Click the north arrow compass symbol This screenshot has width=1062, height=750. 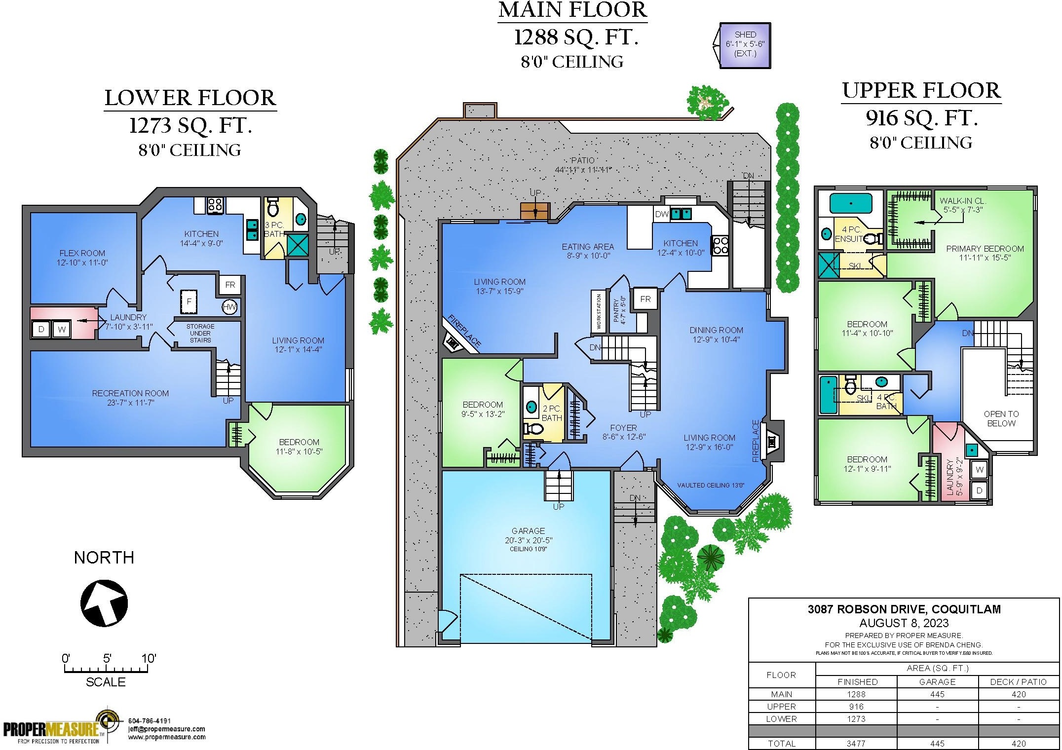104,603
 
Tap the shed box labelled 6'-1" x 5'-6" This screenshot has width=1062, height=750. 745,45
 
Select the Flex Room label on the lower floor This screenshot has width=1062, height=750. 82,253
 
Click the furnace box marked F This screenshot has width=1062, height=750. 189,301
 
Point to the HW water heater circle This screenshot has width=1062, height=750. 229,307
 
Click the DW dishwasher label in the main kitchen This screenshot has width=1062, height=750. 661,214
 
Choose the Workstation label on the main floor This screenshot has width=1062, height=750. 599,311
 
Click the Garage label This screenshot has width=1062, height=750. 528,531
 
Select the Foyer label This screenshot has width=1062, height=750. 623,428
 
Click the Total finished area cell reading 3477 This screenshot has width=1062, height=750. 856,744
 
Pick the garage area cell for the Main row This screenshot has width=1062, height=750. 937,694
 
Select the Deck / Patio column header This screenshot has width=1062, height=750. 1018,682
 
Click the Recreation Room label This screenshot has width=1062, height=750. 130,393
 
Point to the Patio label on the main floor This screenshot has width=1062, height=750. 583,160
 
